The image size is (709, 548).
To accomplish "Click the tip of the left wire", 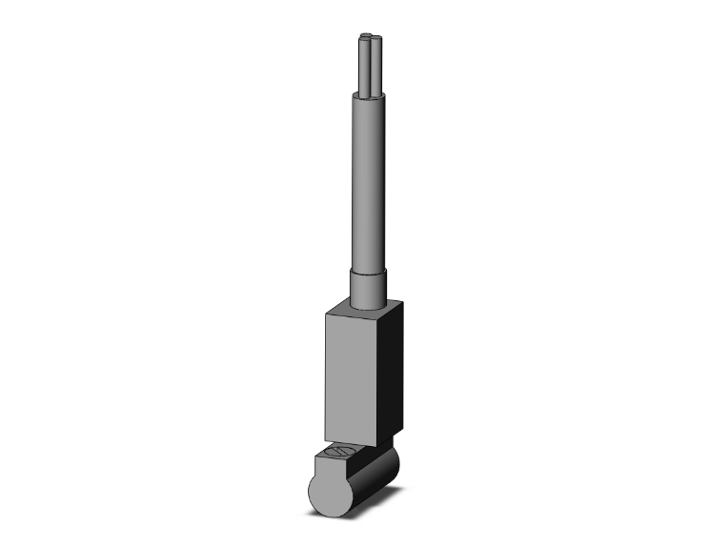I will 362,39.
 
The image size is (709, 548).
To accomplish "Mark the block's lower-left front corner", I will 326,437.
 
